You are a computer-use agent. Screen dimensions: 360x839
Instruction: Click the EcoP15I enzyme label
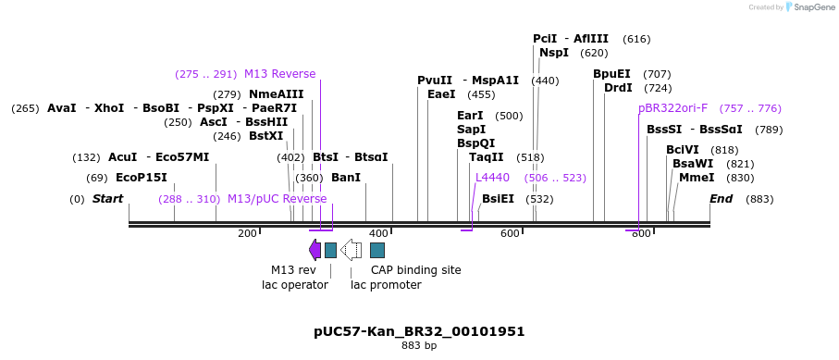pyautogui.click(x=142, y=178)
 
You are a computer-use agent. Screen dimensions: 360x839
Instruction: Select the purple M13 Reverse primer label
pyautogui.click(x=279, y=74)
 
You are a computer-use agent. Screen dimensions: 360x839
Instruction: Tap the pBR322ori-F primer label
pyautogui.click(x=672, y=108)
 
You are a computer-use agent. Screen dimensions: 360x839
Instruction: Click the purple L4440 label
pyautogui.click(x=492, y=178)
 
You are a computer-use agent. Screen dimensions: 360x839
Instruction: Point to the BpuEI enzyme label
pyautogui.click(x=611, y=74)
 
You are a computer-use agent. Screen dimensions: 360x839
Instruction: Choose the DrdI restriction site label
pyautogui.click(x=618, y=88)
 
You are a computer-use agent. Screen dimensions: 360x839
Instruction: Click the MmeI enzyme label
pyautogui.click(x=697, y=178)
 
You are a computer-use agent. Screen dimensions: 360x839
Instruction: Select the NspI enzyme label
pyautogui.click(x=554, y=53)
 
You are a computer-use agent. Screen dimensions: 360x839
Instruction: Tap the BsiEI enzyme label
pyautogui.click(x=498, y=199)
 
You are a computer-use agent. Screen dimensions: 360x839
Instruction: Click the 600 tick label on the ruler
pyautogui.click(x=510, y=233)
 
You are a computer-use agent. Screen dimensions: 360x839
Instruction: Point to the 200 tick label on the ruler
pyautogui.click(x=247, y=233)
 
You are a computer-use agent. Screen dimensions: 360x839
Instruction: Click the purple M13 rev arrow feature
pyautogui.click(x=315, y=250)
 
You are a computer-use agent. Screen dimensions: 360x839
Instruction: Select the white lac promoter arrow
pyautogui.click(x=351, y=250)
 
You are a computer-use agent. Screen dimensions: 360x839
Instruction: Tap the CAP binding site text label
pyautogui.click(x=415, y=270)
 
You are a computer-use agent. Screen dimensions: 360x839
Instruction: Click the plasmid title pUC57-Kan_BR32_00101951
pyautogui.click(x=419, y=331)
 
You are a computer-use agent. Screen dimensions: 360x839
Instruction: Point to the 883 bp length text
pyautogui.click(x=419, y=346)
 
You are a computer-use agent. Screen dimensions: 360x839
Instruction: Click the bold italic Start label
pyautogui.click(x=107, y=199)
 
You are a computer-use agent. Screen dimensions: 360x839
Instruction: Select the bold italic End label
pyautogui.click(x=722, y=199)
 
